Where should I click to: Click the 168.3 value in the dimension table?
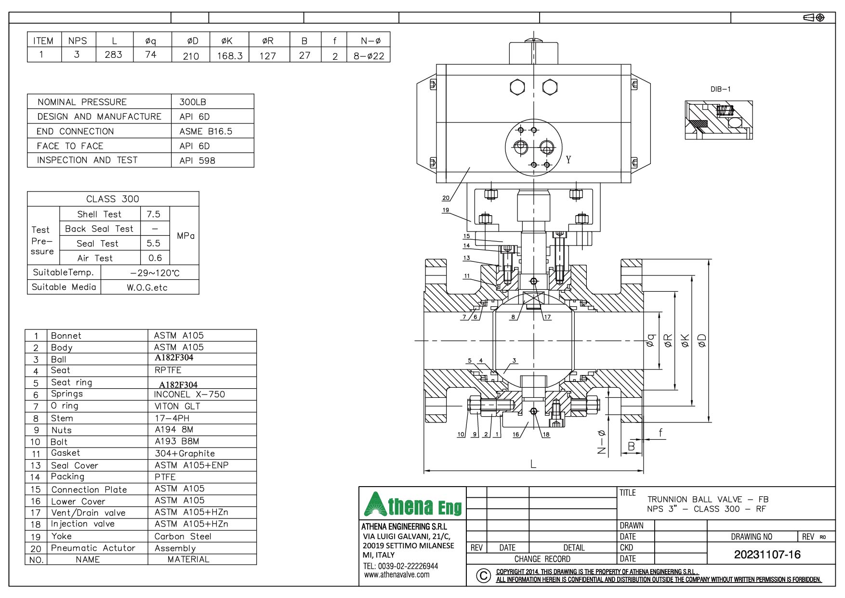pos(229,55)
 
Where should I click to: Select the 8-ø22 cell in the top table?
pos(369,55)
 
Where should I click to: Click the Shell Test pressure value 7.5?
pos(153,214)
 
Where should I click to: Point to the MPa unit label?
pos(185,236)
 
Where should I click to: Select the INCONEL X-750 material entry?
pos(189,394)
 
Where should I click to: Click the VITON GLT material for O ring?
pos(177,406)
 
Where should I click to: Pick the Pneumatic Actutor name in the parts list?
pos(93,548)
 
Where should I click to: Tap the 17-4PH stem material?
pos(172,418)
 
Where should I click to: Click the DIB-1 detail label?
pos(720,89)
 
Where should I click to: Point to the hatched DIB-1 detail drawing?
pos(718,120)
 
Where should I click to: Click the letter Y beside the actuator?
pos(568,160)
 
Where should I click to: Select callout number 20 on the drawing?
pos(445,198)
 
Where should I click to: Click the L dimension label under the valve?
pos(533,464)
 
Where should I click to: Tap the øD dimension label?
pos(702,340)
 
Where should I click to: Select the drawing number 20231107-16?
pos(767,554)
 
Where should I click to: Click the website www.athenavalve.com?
pos(396,575)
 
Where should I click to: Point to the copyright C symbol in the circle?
pos(483,575)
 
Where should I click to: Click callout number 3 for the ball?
pos(514,360)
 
